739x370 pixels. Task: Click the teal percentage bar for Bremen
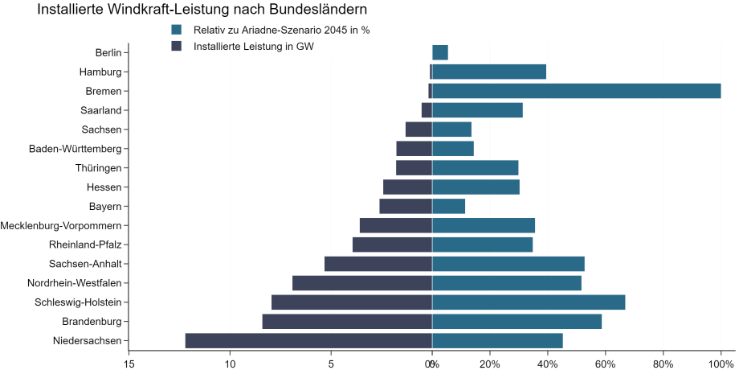click(x=576, y=91)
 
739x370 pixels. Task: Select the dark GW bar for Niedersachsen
click(x=308, y=340)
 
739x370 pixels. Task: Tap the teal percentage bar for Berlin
click(x=440, y=52)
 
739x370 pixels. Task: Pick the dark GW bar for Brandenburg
click(x=347, y=321)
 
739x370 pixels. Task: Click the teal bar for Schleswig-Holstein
click(x=529, y=302)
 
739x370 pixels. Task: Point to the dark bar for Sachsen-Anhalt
click(x=378, y=264)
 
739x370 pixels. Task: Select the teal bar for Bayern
click(x=449, y=206)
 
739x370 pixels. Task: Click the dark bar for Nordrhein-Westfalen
click(x=362, y=283)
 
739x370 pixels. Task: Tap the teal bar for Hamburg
click(x=489, y=72)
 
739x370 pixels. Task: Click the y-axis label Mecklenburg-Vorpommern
click(x=61, y=225)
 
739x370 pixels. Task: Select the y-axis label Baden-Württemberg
click(x=75, y=149)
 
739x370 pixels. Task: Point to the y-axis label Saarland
click(x=100, y=110)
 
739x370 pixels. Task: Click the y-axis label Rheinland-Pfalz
click(x=85, y=245)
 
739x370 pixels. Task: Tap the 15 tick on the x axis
click(x=129, y=364)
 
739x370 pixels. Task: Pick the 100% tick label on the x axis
click(x=721, y=364)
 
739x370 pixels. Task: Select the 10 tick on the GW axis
click(x=231, y=364)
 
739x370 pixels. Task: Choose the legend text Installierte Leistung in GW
click(x=253, y=46)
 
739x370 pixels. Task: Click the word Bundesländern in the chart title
click(x=312, y=10)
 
